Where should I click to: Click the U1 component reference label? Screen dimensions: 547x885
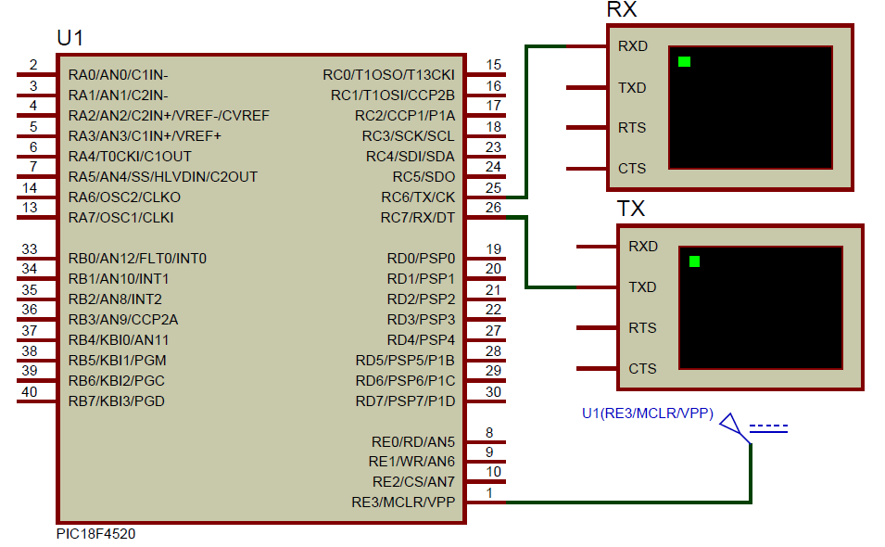(70, 38)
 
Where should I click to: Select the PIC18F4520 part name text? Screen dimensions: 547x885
(95, 534)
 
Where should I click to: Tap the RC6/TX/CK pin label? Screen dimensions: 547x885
(418, 197)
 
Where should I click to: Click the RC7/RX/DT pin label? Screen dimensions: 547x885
(418, 218)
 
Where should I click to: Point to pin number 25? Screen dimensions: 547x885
(494, 187)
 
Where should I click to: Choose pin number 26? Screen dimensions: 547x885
(494, 208)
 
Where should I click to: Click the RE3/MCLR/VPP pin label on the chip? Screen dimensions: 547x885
(403, 502)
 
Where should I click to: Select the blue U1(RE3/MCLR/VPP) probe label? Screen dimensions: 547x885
(647, 414)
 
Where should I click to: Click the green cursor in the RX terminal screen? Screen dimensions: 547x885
(684, 62)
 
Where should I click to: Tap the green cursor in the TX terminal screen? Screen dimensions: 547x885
(694, 261)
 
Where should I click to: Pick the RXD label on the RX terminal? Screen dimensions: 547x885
(633, 46)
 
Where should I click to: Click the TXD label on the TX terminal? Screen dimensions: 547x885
(642, 287)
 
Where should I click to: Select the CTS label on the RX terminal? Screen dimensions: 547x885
(632, 169)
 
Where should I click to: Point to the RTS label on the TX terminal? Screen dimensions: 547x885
(642, 328)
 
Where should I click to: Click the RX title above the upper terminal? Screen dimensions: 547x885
(621, 10)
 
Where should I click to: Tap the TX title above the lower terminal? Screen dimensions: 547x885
(631, 209)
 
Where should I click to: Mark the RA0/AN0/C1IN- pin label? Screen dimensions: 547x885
(118, 75)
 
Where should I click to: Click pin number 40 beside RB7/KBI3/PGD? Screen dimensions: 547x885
(30, 391)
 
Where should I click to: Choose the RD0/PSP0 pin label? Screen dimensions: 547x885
(421, 259)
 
